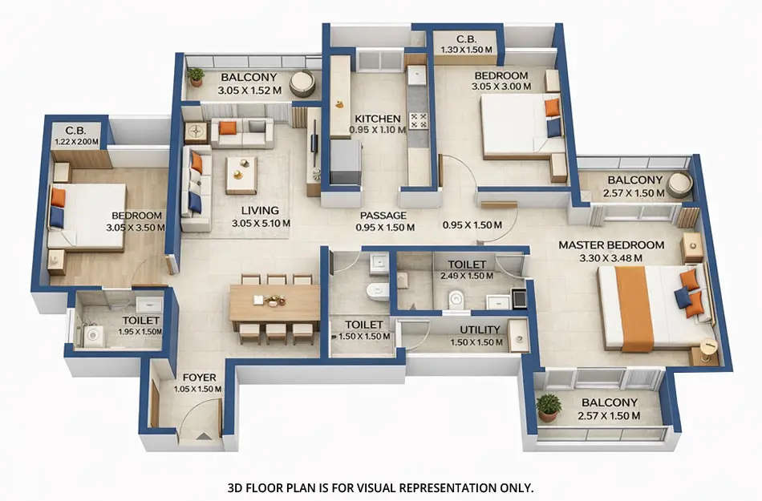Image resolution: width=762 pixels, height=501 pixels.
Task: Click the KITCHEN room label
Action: tap(377, 119)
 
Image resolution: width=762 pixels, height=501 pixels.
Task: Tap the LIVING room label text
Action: tap(261, 211)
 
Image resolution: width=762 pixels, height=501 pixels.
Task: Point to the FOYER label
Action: tap(197, 377)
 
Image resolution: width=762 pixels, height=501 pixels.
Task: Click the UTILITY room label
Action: tap(480, 329)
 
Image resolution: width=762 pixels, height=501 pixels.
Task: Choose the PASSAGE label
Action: tap(383, 216)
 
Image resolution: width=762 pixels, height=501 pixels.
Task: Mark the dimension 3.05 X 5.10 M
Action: tap(261, 224)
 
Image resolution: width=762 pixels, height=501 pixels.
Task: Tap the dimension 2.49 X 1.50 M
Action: tap(468, 275)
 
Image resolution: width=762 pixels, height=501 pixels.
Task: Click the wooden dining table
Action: tap(274, 303)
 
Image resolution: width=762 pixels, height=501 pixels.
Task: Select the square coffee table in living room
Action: tap(241, 175)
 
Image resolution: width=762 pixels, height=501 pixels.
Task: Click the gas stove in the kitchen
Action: tap(418, 120)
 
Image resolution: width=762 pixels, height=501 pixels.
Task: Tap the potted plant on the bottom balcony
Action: tap(549, 406)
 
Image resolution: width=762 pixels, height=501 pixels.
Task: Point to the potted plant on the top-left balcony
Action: tap(196, 76)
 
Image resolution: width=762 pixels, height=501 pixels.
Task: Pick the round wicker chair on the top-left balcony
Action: tap(302, 83)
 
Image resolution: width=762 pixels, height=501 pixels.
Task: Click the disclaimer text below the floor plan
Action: tap(380, 487)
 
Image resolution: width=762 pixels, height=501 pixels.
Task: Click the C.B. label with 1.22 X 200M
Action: tap(76, 136)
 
